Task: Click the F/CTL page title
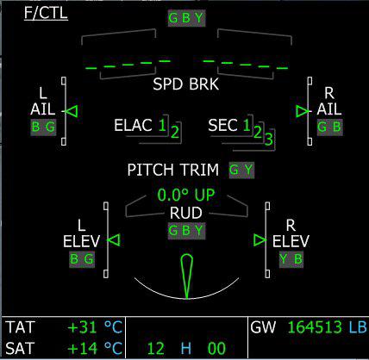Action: tap(46, 13)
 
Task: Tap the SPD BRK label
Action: tap(185, 84)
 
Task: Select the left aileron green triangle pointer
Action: tap(72, 111)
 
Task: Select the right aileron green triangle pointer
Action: tap(303, 111)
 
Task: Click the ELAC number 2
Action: tap(175, 133)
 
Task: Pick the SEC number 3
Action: tap(268, 140)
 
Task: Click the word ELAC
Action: tap(133, 125)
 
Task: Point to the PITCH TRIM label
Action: tap(173, 170)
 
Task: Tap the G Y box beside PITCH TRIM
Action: tap(241, 170)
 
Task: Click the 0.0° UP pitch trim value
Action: tap(186, 195)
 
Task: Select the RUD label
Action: tap(186, 213)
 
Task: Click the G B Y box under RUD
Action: tap(187, 231)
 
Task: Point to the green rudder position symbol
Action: tap(186, 276)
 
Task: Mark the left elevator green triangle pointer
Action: tap(114, 240)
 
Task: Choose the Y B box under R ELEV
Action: tap(291, 259)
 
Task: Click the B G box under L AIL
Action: tap(43, 127)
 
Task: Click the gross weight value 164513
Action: tap(315, 327)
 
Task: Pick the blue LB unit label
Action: tap(358, 327)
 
